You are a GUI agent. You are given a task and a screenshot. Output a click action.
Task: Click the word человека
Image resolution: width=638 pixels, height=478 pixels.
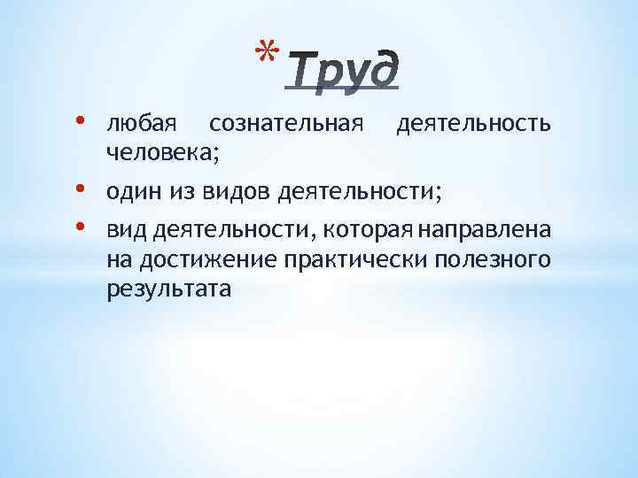pos(159,153)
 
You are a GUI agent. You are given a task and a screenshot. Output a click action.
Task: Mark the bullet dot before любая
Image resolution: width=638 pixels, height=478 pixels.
pos(92,122)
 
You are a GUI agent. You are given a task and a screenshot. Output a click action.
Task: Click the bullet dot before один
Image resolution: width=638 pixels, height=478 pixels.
pos(92,189)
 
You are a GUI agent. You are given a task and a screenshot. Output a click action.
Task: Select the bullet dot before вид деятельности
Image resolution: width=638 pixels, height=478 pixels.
pos(92,227)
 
